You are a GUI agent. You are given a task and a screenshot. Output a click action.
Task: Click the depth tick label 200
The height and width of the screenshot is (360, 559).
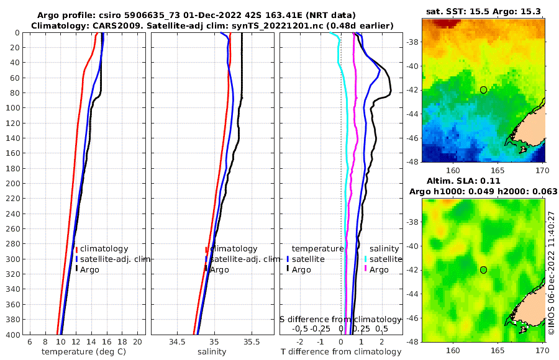[x=12, y=183]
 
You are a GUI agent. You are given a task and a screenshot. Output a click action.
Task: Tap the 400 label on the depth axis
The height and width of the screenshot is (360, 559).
[x=12, y=335]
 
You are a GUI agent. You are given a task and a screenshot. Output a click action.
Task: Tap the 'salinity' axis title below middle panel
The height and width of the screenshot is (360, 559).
[x=212, y=352]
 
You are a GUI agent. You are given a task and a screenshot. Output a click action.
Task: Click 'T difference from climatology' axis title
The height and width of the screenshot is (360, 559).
[x=341, y=352]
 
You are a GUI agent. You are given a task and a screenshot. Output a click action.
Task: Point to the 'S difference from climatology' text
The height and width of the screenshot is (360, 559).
[x=340, y=319]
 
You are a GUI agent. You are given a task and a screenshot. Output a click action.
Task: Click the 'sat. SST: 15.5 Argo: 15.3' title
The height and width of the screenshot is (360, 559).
[x=483, y=11]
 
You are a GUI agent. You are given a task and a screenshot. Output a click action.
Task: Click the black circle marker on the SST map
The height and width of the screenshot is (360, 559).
[x=483, y=90]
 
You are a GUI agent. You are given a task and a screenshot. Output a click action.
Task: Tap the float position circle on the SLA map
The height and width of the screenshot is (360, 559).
[x=483, y=270]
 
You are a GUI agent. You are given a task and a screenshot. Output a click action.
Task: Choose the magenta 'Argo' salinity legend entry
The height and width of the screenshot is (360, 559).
[x=379, y=269]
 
